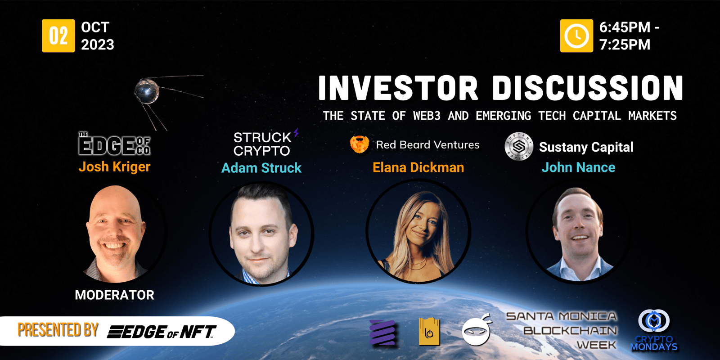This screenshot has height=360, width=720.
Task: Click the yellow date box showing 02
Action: coord(58,36)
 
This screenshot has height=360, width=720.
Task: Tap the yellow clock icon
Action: coord(576,36)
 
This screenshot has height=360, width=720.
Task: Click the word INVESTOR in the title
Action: coord(398,88)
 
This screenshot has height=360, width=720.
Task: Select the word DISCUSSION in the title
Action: coord(588,88)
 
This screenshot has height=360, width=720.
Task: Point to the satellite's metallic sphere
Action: coord(147,91)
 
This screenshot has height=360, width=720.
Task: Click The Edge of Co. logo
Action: coord(114,144)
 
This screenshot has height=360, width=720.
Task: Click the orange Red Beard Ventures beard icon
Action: coord(360,144)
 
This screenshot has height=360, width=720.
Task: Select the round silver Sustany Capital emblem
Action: coord(519,146)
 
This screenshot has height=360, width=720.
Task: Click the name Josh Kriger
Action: coord(114,167)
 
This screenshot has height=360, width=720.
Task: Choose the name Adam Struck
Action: coord(261,168)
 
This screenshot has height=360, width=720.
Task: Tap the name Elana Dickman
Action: coord(418,167)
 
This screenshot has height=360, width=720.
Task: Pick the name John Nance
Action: coord(578,167)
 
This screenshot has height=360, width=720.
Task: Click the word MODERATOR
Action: coord(114,295)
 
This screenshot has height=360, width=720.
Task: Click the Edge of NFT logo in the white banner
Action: coord(162,332)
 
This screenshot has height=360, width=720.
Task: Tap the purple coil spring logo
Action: coord(382,333)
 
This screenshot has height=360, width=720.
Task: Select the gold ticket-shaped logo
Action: coord(429,331)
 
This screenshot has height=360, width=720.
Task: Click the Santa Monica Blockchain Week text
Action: coord(562,331)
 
